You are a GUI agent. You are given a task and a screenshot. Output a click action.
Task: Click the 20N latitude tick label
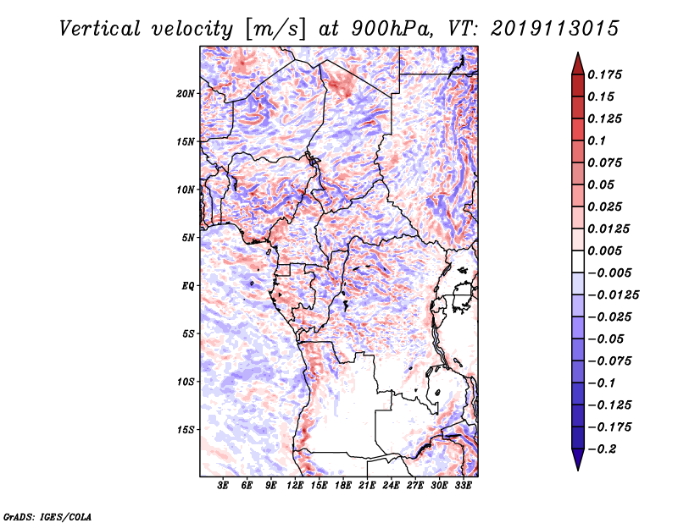186,93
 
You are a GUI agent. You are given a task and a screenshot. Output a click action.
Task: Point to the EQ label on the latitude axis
187,285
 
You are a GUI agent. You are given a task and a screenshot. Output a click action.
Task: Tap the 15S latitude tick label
186,429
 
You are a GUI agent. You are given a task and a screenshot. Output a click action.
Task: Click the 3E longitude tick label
224,486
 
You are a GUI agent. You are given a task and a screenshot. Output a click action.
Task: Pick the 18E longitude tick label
343,486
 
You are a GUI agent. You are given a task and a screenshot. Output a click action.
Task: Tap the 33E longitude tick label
463,486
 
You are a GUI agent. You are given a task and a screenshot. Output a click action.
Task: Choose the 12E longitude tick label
296,486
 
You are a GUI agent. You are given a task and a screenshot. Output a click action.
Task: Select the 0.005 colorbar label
609,250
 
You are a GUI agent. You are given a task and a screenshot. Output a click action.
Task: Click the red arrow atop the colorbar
577,63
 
